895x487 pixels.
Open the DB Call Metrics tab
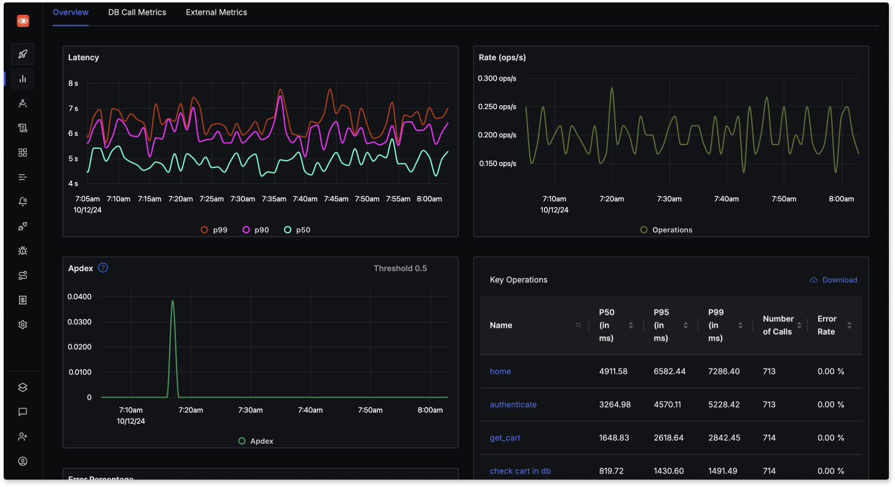coord(137,12)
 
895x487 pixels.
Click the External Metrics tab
coord(216,12)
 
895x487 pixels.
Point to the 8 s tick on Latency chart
coord(73,83)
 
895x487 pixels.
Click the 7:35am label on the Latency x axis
coord(274,199)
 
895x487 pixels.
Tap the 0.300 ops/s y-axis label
coord(497,78)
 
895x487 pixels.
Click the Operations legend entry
coord(666,230)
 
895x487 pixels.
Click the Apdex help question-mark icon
coord(103,268)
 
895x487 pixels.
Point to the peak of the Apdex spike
coord(173,301)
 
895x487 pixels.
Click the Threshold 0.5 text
coord(400,269)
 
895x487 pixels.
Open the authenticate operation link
coord(513,405)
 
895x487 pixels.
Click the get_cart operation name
coord(505,438)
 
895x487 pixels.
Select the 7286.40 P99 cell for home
coord(724,371)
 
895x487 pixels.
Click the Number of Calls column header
coord(778,325)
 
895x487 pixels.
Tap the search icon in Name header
coord(578,325)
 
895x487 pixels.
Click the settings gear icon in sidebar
coord(23,325)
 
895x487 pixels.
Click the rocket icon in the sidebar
coord(23,54)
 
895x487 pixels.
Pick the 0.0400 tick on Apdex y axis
coord(80,297)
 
